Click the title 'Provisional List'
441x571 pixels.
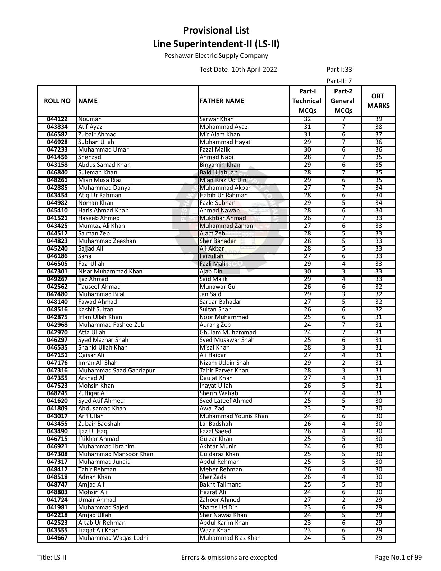click(x=216, y=30)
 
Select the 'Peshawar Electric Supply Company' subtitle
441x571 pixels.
click(x=216, y=56)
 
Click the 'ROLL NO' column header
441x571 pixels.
click(x=57, y=101)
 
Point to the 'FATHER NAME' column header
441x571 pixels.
click(x=222, y=101)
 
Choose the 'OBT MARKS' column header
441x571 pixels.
click(x=378, y=101)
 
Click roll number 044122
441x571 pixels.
click(x=57, y=119)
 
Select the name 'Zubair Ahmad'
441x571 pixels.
click(x=97, y=135)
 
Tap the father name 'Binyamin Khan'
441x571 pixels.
click(x=220, y=165)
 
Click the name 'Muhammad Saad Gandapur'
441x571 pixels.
click(x=116, y=371)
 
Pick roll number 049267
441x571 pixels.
click(x=57, y=279)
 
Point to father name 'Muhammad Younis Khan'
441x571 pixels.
click(x=233, y=416)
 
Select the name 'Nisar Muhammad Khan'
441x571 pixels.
click(x=110, y=272)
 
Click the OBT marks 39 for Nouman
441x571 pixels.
click(x=378, y=119)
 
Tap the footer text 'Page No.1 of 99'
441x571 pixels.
click(x=398, y=558)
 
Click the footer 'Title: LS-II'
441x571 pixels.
click(x=52, y=558)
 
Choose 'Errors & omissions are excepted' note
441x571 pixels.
click(x=229, y=558)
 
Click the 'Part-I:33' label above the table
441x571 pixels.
click(x=339, y=69)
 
